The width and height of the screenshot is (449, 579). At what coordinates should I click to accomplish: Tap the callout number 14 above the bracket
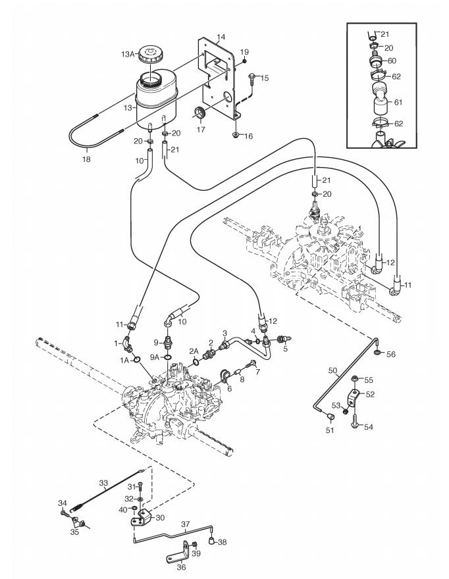tap(221, 37)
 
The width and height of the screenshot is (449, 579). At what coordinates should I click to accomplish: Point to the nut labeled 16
tap(236, 135)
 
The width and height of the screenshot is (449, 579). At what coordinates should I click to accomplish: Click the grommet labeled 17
tap(200, 113)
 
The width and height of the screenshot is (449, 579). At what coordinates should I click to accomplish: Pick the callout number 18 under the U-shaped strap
tap(86, 159)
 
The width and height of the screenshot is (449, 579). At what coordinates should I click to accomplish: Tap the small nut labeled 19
tap(244, 61)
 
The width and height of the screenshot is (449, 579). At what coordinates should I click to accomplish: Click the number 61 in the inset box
tap(398, 102)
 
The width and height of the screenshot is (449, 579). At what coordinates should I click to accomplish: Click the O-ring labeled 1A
tap(136, 359)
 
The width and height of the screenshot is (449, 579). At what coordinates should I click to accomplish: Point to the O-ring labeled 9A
tap(168, 357)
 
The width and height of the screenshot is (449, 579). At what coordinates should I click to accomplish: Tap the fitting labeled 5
tap(284, 338)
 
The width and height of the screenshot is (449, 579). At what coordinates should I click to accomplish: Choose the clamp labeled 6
tap(224, 375)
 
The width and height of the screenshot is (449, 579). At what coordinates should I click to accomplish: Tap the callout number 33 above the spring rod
tap(103, 483)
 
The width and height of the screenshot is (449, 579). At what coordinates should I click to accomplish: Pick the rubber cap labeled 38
tap(212, 541)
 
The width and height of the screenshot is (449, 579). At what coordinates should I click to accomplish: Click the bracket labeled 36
tap(179, 551)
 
